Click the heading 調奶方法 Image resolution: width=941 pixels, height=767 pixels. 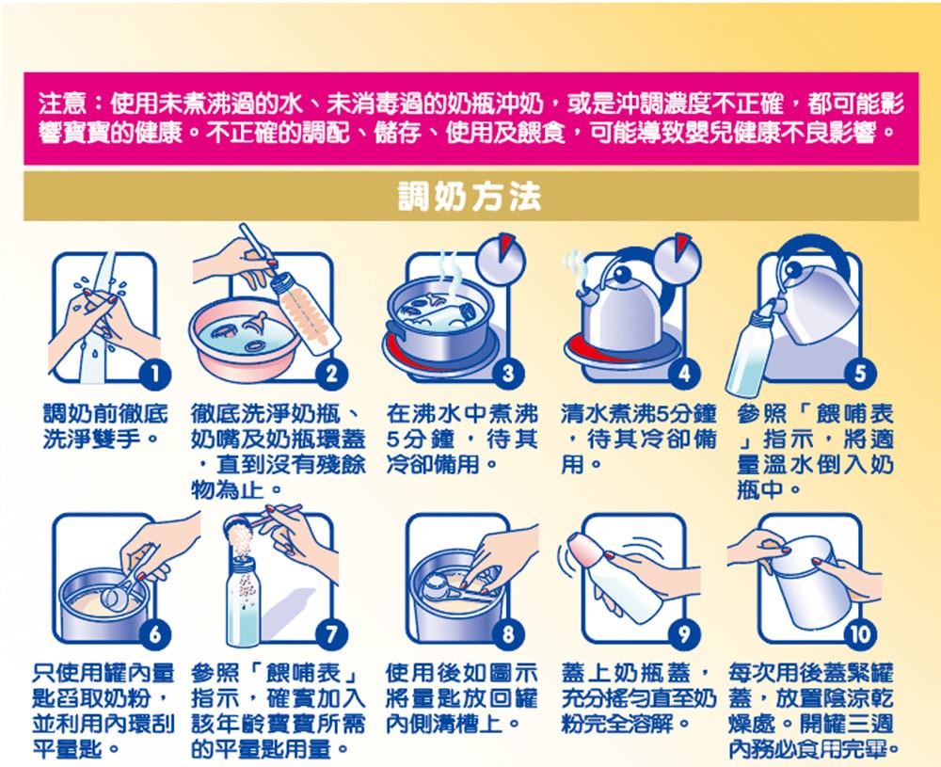(x=470, y=196)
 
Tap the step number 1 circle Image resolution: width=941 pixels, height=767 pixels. (x=155, y=374)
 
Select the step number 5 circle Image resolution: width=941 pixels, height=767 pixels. (x=860, y=374)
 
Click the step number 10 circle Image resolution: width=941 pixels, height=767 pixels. (x=860, y=634)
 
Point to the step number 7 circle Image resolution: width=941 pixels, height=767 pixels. (x=331, y=634)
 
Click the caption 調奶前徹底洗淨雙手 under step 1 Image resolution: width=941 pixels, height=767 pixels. (x=105, y=426)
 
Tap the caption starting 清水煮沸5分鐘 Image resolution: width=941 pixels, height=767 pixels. (x=639, y=439)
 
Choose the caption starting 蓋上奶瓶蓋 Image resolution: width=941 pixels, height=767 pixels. (x=639, y=698)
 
